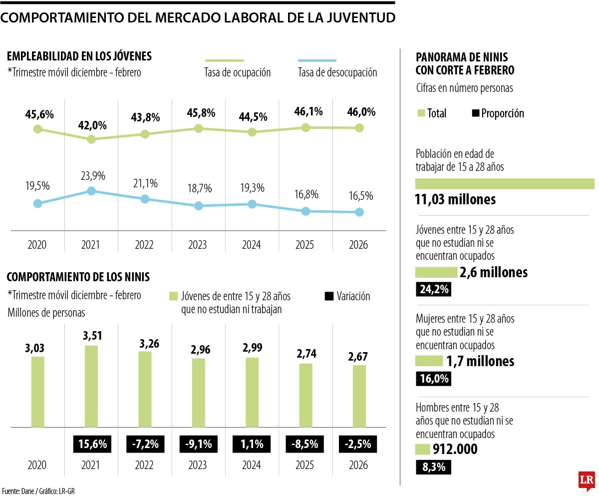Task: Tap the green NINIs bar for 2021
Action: (91, 386)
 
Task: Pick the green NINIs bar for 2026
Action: (359, 396)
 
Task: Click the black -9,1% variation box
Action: (198, 444)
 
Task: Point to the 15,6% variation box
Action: (91, 444)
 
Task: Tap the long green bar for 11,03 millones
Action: (504, 184)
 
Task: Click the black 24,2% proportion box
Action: (433, 289)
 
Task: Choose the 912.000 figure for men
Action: (456, 449)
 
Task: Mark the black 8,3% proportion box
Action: (433, 467)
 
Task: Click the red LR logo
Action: (587, 480)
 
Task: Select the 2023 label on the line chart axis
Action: (198, 245)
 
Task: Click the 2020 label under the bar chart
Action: (37, 466)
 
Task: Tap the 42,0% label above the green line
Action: (91, 125)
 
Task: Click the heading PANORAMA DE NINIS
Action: (462, 57)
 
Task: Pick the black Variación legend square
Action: (329, 296)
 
